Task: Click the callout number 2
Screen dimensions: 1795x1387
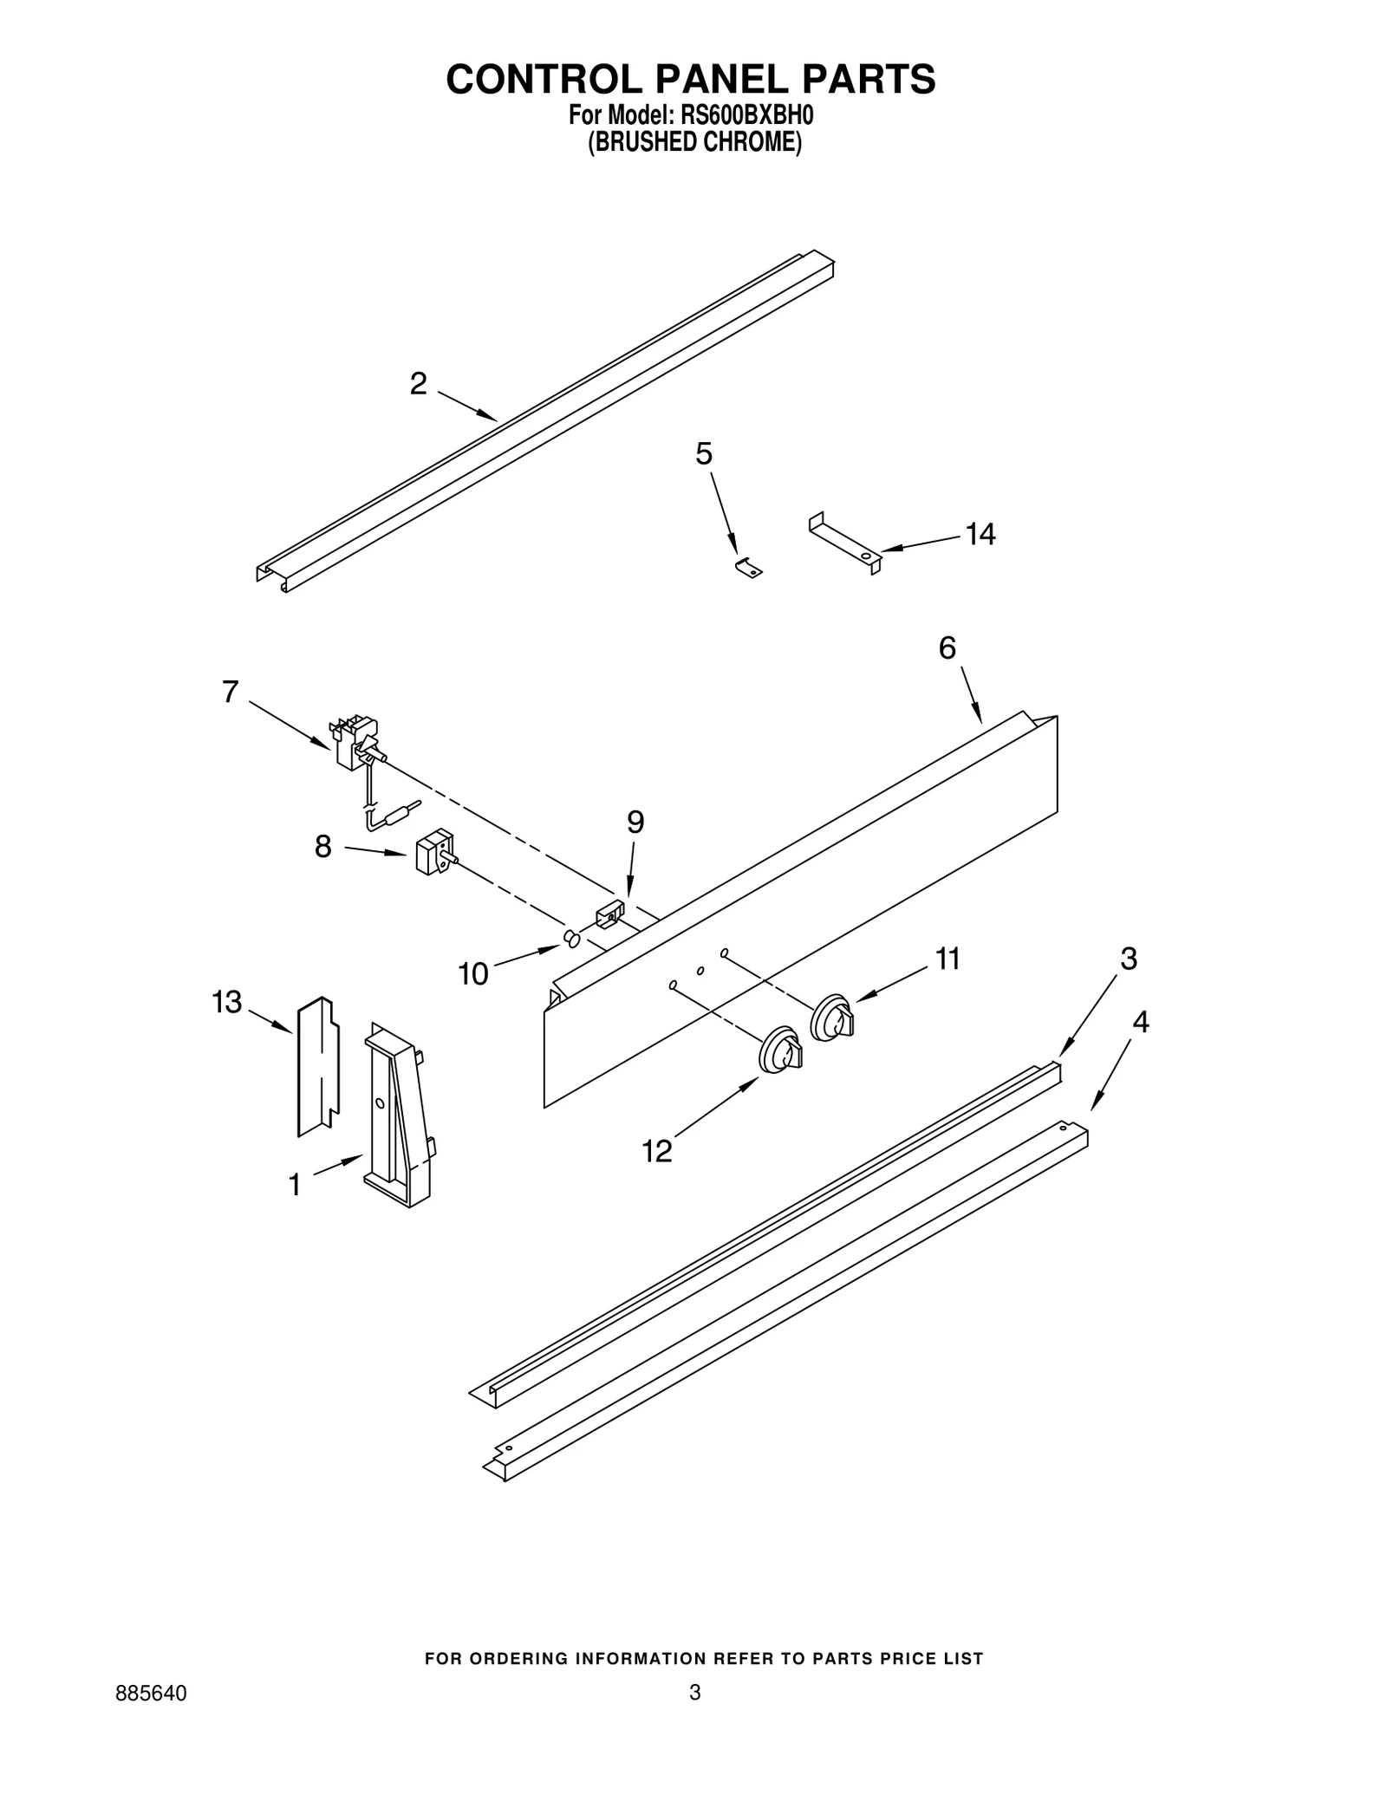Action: tap(419, 384)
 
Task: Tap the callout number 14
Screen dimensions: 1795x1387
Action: tap(980, 535)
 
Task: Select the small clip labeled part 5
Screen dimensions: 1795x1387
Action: tap(748, 567)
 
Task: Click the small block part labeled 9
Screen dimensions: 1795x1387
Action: tap(609, 914)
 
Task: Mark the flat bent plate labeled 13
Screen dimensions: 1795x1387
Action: tap(317, 1066)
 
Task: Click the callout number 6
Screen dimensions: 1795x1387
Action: tap(947, 647)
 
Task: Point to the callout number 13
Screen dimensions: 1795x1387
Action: tap(227, 1002)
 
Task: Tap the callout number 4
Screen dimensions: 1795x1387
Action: tap(1141, 1023)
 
